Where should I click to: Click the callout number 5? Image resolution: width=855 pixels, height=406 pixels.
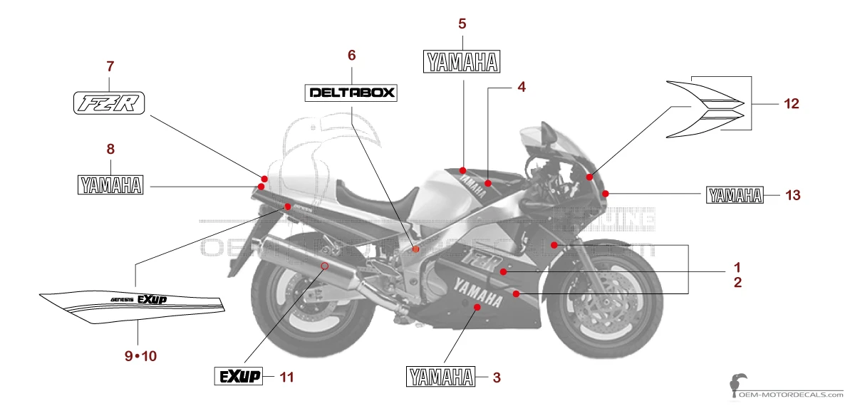pos(462,24)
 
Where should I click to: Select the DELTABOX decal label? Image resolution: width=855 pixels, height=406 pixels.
pos(351,93)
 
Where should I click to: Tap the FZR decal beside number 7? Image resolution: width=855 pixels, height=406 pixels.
pos(110,103)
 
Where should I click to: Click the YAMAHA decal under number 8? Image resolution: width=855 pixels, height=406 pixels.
pos(110,185)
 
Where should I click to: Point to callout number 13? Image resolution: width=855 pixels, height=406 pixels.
pos(793,194)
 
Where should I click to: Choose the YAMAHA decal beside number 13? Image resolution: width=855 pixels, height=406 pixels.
pos(735,195)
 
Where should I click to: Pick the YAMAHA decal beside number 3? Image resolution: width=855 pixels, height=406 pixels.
pos(440,376)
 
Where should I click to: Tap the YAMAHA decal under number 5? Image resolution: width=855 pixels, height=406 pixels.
pos(462,61)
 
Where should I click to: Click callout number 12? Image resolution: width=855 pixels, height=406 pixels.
pos(791,104)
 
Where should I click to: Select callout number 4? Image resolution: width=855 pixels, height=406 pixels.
pos(522,88)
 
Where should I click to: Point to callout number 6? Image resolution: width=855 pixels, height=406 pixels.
pos(351,55)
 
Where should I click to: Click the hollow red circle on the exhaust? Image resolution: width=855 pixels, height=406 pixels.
pos(324,266)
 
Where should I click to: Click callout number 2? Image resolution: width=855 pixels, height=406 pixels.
pos(738,283)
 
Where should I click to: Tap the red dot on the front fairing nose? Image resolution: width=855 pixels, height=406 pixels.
pos(605,193)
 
